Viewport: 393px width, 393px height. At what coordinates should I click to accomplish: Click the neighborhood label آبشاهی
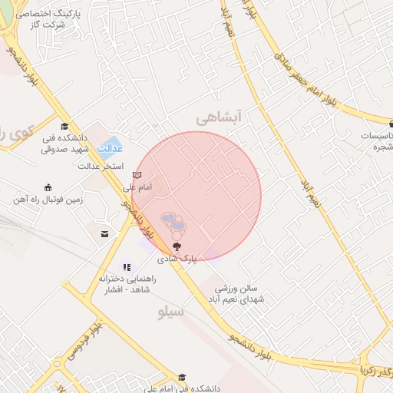click(x=219, y=117)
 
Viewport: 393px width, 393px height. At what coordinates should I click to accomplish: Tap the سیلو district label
click(x=170, y=312)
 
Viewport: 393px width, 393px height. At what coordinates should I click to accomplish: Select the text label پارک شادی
click(x=178, y=259)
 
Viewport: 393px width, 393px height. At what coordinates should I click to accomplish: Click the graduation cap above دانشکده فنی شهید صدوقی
click(x=64, y=127)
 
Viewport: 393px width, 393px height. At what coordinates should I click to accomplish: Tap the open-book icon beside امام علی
click(x=137, y=175)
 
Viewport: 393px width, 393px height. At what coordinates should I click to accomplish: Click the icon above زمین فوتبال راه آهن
click(x=48, y=187)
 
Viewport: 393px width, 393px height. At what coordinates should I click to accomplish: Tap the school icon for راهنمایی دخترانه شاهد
click(x=127, y=266)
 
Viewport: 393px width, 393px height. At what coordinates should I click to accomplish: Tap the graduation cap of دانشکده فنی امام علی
click(x=182, y=377)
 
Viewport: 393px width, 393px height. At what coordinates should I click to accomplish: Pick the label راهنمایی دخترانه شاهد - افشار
click(x=127, y=285)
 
